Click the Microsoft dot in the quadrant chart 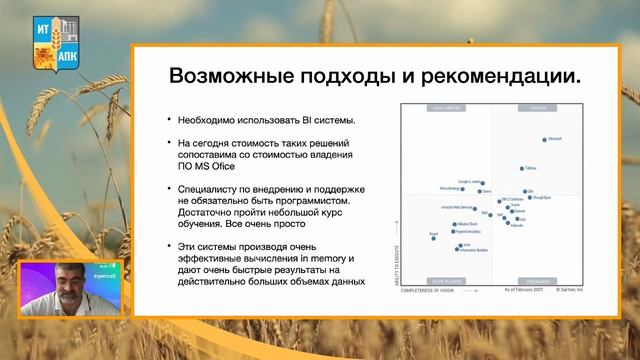coord(544,140)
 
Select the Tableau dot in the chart coord(522,169)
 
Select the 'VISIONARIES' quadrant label coord(542,281)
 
